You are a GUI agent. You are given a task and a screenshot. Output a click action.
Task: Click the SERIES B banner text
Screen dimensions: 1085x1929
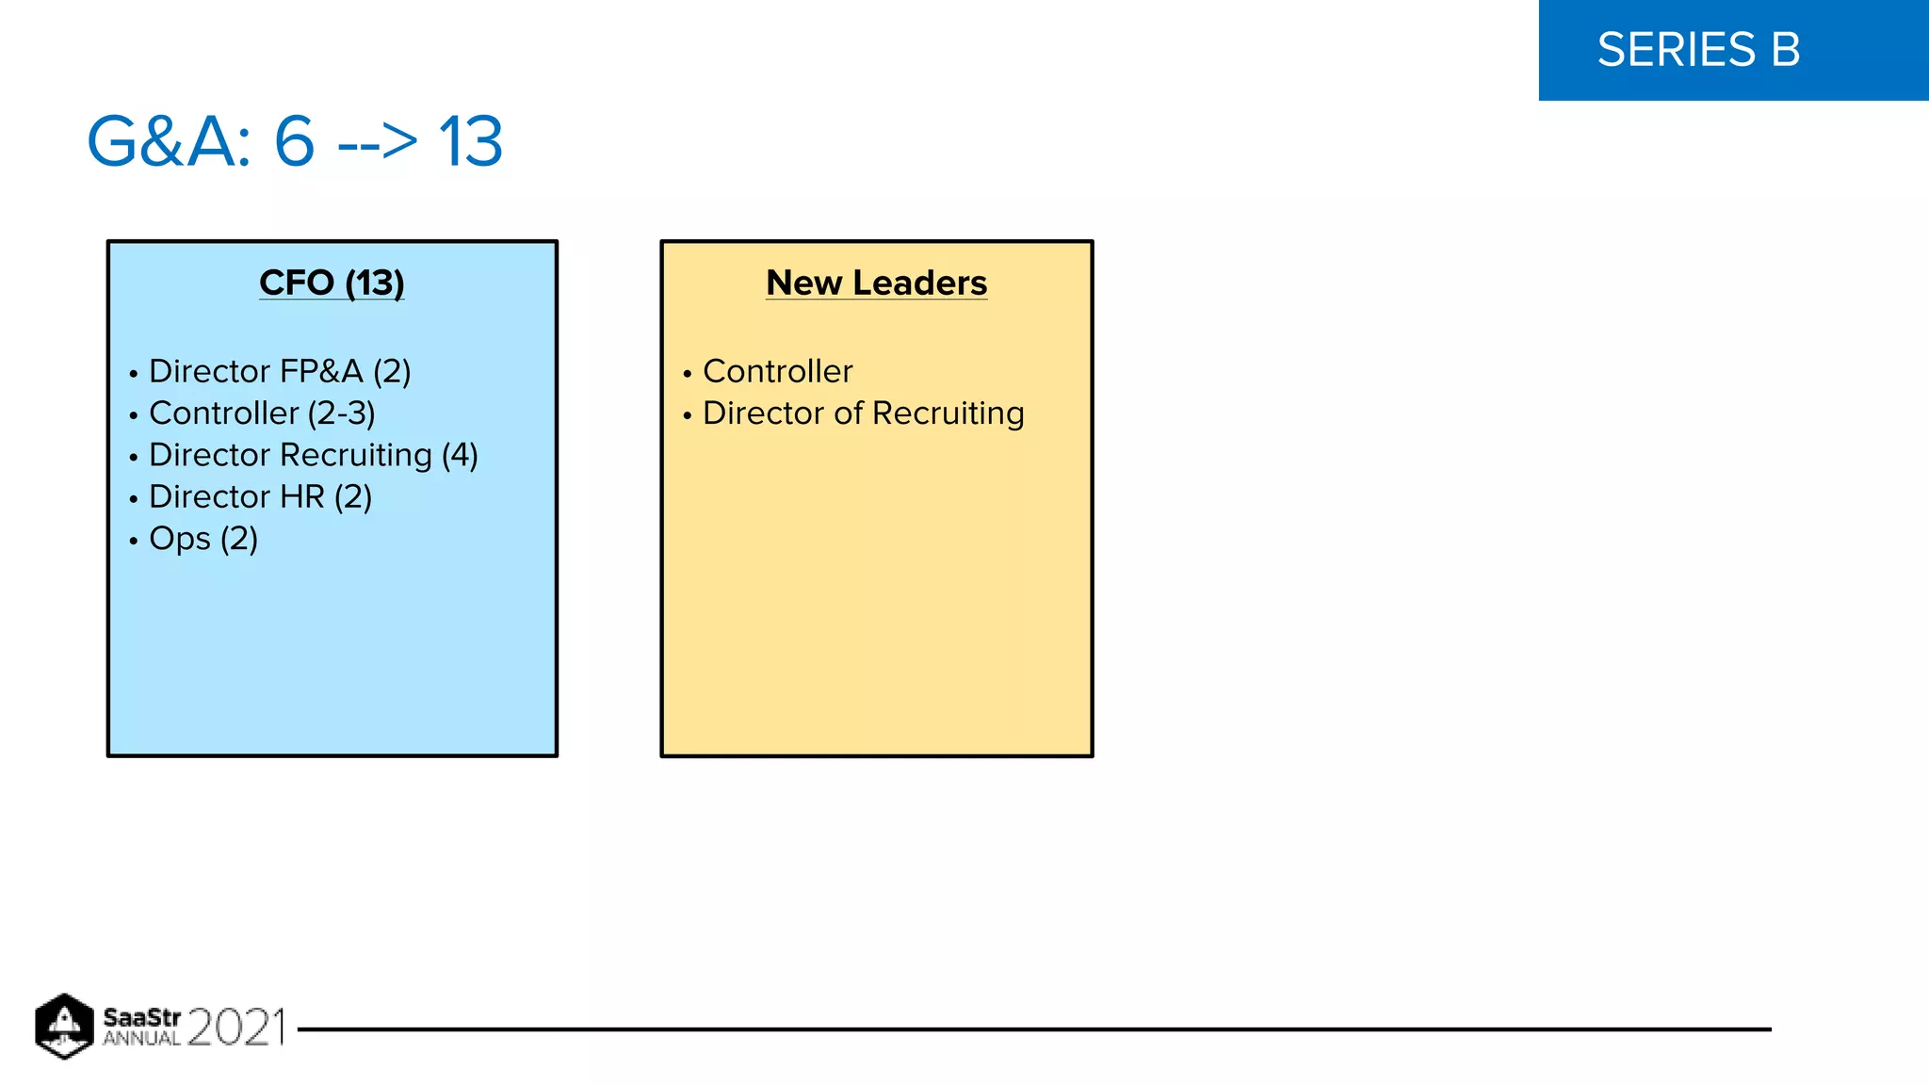(x=1698, y=50)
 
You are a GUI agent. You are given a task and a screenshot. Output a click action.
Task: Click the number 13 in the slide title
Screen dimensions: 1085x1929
(x=470, y=142)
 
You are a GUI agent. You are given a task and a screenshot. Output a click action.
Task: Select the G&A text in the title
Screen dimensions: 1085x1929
(x=170, y=142)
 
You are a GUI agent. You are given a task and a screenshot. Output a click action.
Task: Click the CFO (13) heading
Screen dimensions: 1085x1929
(x=332, y=283)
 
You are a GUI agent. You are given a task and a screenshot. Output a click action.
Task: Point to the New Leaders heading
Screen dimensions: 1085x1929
(x=876, y=283)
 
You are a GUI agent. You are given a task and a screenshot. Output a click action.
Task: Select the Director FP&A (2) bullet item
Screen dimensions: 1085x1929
(x=280, y=371)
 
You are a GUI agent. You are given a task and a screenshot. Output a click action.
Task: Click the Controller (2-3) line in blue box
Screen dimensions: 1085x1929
(x=262, y=413)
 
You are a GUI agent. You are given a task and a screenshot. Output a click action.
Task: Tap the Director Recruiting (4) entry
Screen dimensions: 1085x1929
(x=313, y=455)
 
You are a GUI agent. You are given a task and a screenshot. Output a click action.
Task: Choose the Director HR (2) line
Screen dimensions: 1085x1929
(x=260, y=496)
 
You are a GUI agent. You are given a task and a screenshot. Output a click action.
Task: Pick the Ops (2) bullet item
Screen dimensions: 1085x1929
(x=203, y=539)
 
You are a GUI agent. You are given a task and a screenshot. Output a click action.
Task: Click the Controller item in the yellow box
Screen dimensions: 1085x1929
(x=777, y=371)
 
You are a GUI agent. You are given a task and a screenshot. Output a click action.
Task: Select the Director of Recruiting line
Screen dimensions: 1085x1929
(x=863, y=413)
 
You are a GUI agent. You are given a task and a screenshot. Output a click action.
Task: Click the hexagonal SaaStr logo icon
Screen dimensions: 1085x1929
(x=64, y=1026)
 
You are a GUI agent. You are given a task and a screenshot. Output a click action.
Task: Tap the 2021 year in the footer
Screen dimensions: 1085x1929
(x=235, y=1027)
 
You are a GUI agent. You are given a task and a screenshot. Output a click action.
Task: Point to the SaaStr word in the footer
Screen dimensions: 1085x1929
(x=141, y=1017)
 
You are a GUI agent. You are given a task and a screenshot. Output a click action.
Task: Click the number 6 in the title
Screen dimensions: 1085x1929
(x=294, y=142)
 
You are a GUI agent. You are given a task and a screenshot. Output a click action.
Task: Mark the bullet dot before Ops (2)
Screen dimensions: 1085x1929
(x=134, y=541)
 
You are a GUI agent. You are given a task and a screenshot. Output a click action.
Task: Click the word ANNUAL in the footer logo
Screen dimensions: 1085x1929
(x=141, y=1039)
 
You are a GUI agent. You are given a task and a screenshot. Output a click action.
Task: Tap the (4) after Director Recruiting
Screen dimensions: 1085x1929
(x=460, y=455)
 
